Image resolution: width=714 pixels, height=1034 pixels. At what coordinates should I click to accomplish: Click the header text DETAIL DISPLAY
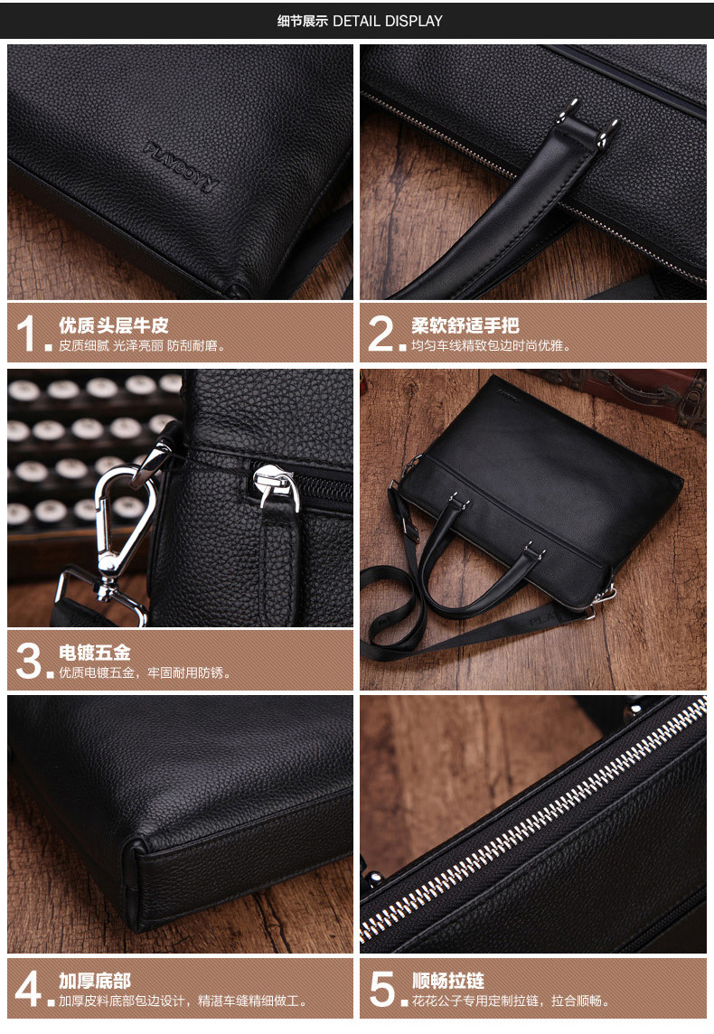(x=388, y=21)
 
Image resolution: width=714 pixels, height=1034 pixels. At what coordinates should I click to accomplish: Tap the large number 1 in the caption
(x=25, y=333)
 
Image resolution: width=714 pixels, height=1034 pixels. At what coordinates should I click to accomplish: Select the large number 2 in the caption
(x=381, y=333)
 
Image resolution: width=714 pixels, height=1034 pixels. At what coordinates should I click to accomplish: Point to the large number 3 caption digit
(x=29, y=660)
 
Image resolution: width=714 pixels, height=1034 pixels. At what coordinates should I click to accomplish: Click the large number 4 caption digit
(x=28, y=988)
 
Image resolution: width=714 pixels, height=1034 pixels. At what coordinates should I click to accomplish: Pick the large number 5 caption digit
(x=382, y=988)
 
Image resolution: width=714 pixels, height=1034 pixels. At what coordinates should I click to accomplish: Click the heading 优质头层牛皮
(x=113, y=325)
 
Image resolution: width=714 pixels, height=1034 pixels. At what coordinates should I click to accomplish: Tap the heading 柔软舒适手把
(x=465, y=325)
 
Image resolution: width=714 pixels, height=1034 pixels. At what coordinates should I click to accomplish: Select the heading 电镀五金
(x=95, y=653)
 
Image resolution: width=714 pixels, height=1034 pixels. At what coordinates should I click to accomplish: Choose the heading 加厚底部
(x=95, y=981)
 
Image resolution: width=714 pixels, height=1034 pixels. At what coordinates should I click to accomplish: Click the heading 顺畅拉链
(x=448, y=981)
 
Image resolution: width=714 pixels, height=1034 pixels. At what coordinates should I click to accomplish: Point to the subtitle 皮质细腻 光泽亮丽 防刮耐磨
(x=142, y=345)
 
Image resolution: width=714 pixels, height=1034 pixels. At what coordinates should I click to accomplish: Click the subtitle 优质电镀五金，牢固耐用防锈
(x=145, y=672)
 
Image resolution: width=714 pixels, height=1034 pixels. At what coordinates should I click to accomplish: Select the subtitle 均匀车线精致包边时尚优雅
(x=491, y=345)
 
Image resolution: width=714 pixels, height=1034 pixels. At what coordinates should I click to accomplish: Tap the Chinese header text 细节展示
(x=302, y=21)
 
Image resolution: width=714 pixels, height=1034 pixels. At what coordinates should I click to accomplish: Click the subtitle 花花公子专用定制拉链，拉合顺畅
(x=511, y=1001)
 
